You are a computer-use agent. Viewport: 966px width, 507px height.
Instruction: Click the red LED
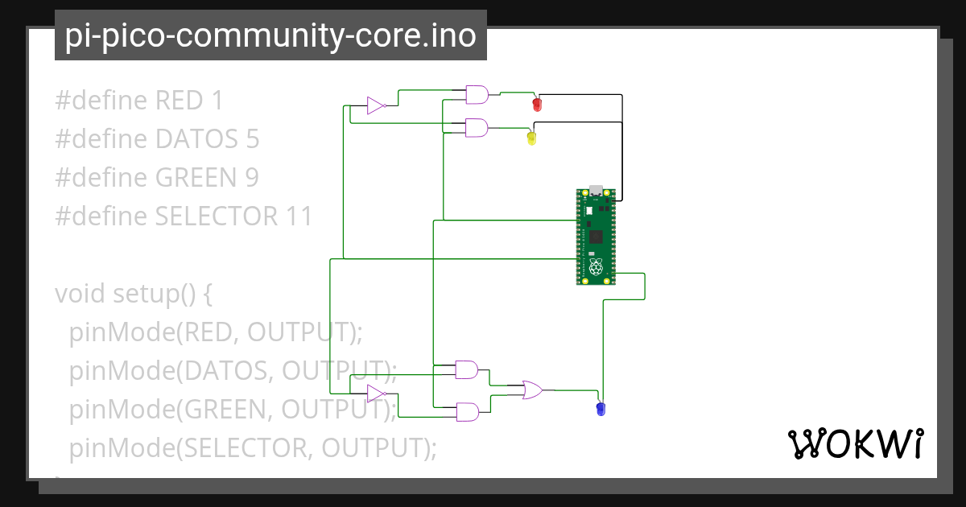[537, 105]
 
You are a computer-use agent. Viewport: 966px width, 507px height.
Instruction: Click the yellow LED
[531, 138]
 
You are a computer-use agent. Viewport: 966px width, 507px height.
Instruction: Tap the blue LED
[600, 409]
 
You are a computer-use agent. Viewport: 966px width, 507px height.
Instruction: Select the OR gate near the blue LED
[532, 390]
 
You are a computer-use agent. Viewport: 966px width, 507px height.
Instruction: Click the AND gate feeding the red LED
[477, 95]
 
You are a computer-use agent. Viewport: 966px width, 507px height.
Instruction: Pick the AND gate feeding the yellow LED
[477, 127]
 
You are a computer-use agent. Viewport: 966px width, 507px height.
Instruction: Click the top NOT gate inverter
[376, 105]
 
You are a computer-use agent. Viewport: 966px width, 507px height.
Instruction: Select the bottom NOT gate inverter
[376, 393]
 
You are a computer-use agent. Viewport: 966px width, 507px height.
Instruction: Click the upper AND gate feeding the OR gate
[467, 369]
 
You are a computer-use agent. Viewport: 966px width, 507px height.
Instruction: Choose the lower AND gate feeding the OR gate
[467, 412]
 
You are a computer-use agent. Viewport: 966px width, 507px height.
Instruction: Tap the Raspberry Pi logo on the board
[596, 267]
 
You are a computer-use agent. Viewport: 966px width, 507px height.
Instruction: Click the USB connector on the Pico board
[597, 192]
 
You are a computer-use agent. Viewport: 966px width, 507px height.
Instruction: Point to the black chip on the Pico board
[596, 237]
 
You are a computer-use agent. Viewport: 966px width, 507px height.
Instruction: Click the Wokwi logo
[855, 443]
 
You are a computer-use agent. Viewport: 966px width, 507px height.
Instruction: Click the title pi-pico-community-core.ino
[270, 35]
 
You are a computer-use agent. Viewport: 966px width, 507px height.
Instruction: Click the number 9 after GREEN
[251, 178]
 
